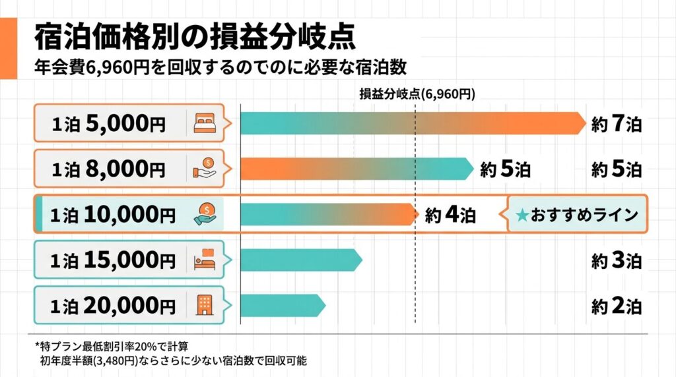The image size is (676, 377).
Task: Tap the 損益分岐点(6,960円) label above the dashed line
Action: [x=417, y=94]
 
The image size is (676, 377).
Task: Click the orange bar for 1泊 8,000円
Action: [x=356, y=169]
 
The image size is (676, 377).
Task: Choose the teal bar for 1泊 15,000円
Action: [x=300, y=260]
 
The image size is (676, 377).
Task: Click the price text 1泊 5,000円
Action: [x=109, y=123]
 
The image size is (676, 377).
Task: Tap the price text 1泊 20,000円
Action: [x=113, y=305]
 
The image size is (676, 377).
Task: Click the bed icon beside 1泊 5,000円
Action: [x=205, y=123]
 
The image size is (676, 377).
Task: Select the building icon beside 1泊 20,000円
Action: [x=205, y=304]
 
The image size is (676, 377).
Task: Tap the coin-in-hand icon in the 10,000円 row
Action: [x=205, y=214]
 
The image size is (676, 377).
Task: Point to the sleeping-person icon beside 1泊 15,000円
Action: [x=205, y=260]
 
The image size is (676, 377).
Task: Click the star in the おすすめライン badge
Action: [x=522, y=215]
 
